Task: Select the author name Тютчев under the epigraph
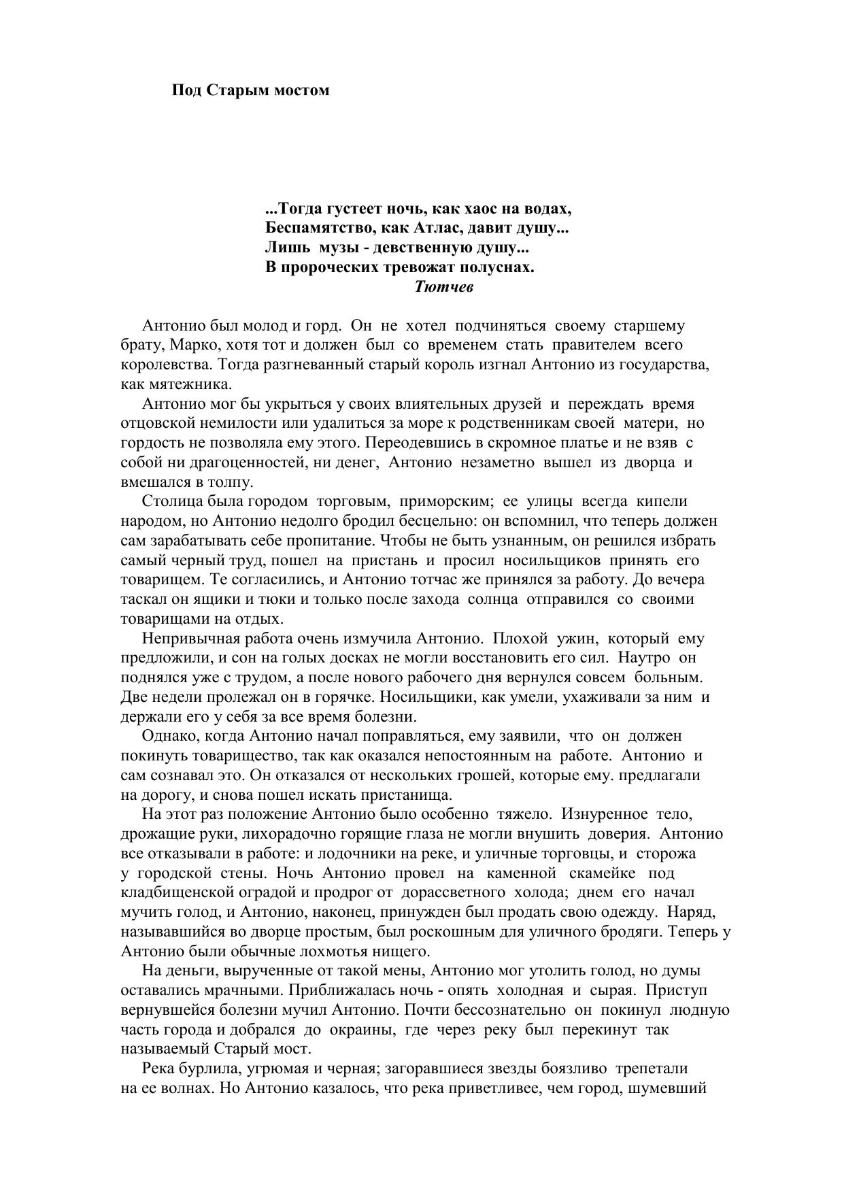(444, 286)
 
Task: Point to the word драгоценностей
(237, 463)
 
